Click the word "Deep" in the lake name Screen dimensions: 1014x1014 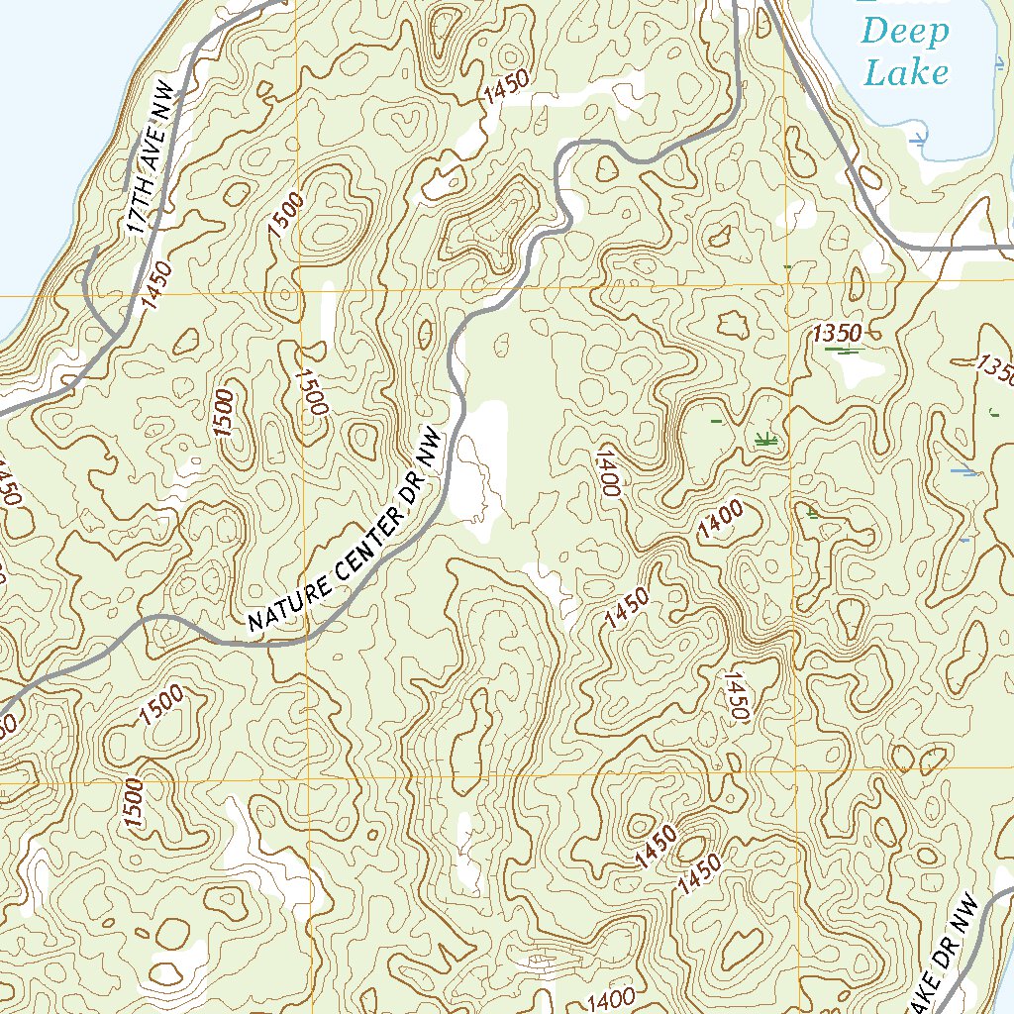click(904, 33)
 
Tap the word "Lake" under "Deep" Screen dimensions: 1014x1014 click(906, 71)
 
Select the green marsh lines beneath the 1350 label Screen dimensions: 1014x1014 click(842, 350)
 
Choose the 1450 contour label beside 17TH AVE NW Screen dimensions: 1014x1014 click(157, 285)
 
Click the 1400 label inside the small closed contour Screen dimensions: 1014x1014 click(720, 520)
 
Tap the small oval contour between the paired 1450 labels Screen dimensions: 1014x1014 click(691, 848)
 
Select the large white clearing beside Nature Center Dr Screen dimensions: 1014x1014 click(479, 465)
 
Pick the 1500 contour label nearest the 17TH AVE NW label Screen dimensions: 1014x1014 click(282, 213)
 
